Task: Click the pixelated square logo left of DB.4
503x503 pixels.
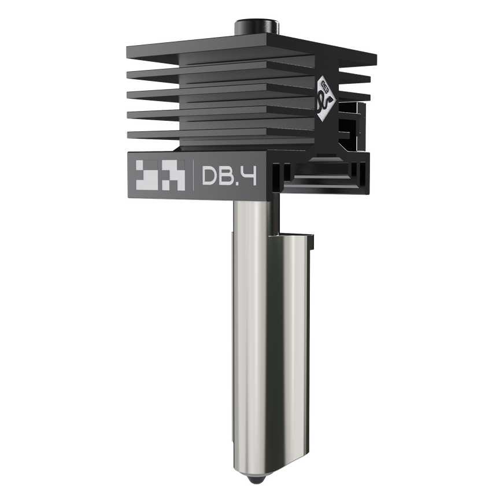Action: (x=160, y=175)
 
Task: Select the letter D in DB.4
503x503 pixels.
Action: (x=210, y=176)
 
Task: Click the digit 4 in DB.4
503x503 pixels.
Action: (x=249, y=176)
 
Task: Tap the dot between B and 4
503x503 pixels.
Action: (x=238, y=183)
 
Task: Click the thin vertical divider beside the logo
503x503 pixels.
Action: (x=193, y=175)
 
